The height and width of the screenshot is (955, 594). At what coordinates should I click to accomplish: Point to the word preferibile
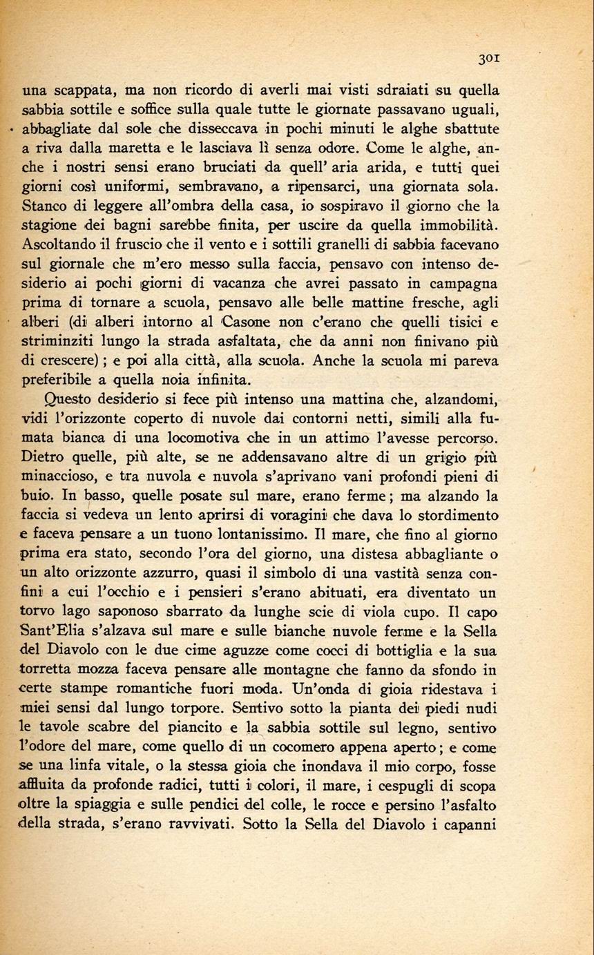61,380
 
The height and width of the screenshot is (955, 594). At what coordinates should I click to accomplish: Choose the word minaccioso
66,477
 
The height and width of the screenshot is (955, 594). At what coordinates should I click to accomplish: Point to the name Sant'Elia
68,632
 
